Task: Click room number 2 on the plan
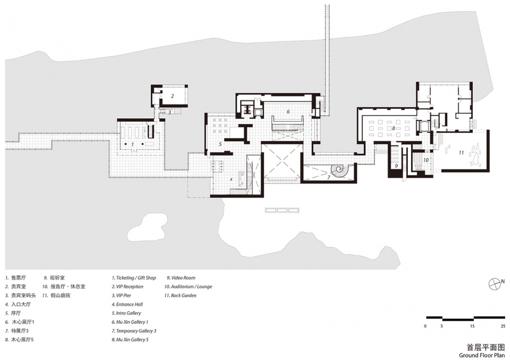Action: click(172, 96)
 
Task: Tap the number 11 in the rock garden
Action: click(461, 152)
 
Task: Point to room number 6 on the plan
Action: click(288, 112)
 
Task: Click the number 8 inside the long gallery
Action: click(393, 128)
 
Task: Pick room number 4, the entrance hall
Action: click(231, 179)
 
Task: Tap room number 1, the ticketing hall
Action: click(132, 144)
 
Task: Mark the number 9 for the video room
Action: click(396, 166)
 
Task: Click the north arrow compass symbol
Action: click(495, 284)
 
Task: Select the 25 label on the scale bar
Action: click(503, 326)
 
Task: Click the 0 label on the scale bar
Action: click(425, 326)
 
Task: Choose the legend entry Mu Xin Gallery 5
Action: click(130, 339)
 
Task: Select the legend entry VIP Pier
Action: click(122, 295)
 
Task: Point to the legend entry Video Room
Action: click(181, 278)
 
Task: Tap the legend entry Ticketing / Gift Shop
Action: click(134, 278)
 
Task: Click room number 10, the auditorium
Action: click(426, 160)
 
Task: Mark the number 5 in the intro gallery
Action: click(220, 144)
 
